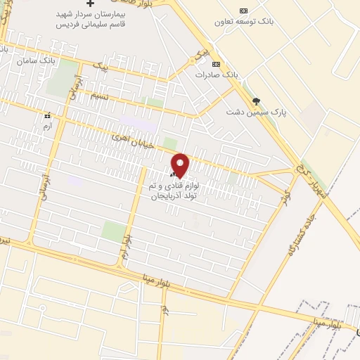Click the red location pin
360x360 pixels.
[x=180, y=165]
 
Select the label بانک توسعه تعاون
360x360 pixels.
[x=244, y=21]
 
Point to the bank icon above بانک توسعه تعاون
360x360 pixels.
[x=244, y=11]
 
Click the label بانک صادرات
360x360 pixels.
[x=213, y=74]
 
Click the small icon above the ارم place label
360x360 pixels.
[x=47, y=115]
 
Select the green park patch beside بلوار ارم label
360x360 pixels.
[x=112, y=230]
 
